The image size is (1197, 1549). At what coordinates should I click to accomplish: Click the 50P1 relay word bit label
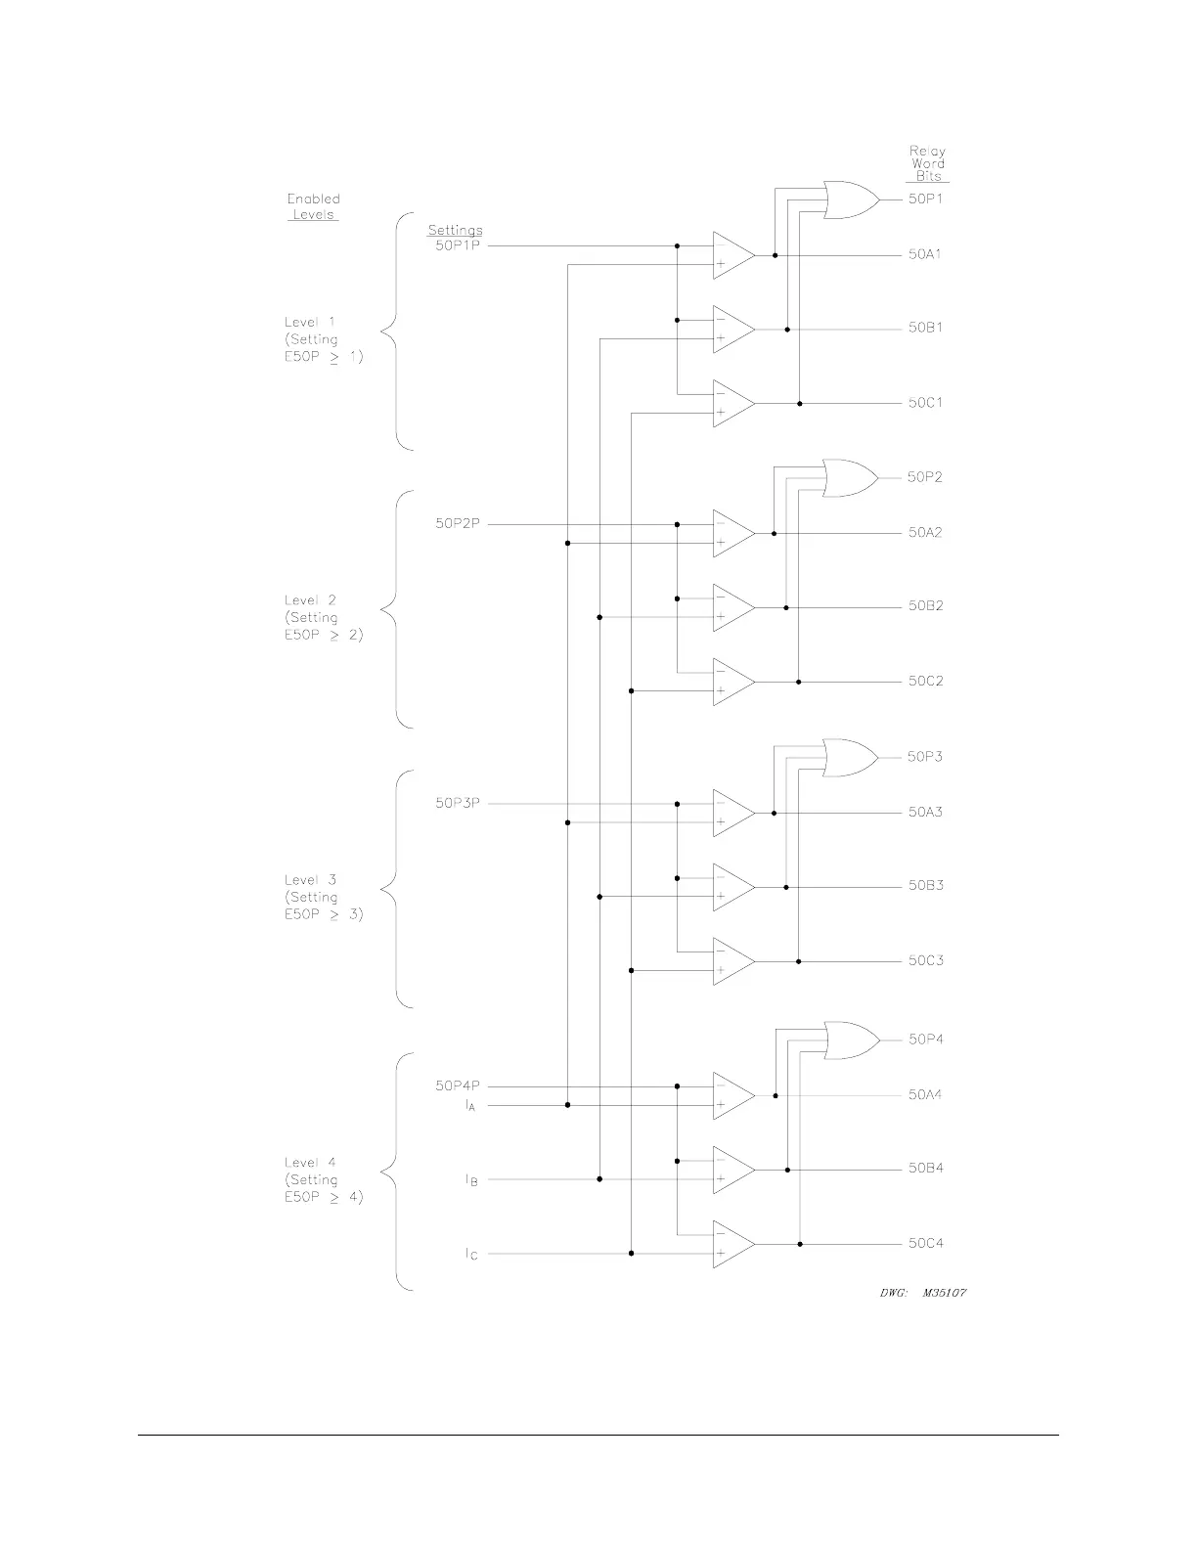click(x=925, y=199)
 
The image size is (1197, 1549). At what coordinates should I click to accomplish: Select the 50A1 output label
click(x=925, y=254)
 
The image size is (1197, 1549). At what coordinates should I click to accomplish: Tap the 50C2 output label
click(x=925, y=681)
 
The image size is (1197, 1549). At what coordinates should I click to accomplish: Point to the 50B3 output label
click(x=925, y=886)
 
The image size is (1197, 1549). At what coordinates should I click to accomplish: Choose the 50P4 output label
click(x=925, y=1040)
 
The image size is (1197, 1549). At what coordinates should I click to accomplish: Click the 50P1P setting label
click(x=458, y=245)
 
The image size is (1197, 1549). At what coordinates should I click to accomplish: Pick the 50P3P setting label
click(x=458, y=804)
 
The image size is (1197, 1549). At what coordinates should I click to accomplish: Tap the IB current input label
click(x=471, y=1180)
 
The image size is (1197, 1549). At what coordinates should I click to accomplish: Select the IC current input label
click(x=471, y=1254)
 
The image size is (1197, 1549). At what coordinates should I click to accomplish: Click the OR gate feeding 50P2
click(x=850, y=478)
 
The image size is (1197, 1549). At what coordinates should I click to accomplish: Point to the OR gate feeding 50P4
click(x=851, y=1040)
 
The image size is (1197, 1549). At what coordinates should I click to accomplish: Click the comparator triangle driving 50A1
click(x=732, y=255)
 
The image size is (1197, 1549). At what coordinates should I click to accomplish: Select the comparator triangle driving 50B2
click(x=732, y=607)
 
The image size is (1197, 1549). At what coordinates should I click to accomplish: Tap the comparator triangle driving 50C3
click(x=732, y=961)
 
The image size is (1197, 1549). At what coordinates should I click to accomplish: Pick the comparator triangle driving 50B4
click(x=732, y=1170)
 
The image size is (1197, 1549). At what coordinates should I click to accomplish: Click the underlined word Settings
click(x=455, y=231)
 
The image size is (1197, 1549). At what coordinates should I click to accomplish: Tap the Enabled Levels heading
click(x=313, y=206)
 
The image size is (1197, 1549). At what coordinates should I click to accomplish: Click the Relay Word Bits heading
click(x=927, y=163)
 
